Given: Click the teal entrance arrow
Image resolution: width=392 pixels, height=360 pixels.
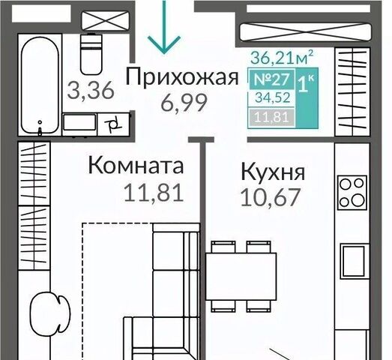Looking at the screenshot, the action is [164, 27].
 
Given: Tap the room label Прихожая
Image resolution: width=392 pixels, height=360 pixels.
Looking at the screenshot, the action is [182, 77].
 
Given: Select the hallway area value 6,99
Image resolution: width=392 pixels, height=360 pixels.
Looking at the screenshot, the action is [184, 103].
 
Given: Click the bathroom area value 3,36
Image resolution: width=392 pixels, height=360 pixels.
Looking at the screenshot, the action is [91, 90].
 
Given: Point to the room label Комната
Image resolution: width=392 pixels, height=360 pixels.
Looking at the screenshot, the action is [136, 165].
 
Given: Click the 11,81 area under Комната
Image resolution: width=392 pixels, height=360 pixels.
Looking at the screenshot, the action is [154, 193].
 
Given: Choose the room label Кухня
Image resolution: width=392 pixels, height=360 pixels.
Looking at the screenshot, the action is [273, 172].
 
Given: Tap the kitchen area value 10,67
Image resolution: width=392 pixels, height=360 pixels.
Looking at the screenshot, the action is [270, 197].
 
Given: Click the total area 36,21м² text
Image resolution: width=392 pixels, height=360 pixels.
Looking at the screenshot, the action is [282, 57].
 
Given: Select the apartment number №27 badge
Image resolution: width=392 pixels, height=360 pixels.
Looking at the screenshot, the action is [272, 79].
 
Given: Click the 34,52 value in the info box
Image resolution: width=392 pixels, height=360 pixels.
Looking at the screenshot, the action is [273, 97].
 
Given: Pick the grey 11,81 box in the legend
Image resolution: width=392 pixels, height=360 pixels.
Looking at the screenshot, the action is [272, 117].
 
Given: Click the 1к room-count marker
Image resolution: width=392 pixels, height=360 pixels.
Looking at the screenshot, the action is [306, 84].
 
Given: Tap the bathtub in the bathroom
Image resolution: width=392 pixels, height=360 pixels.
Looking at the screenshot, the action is [40, 85].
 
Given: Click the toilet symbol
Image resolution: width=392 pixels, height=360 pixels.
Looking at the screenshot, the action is [91, 54].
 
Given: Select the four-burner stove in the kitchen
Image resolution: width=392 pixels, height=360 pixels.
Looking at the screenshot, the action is [352, 193].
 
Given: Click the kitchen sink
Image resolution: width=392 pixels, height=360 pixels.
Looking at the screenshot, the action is [354, 261].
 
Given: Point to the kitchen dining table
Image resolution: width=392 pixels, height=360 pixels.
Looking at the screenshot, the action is [241, 276].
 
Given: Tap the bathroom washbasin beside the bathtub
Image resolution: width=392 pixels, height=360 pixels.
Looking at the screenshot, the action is [79, 122].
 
